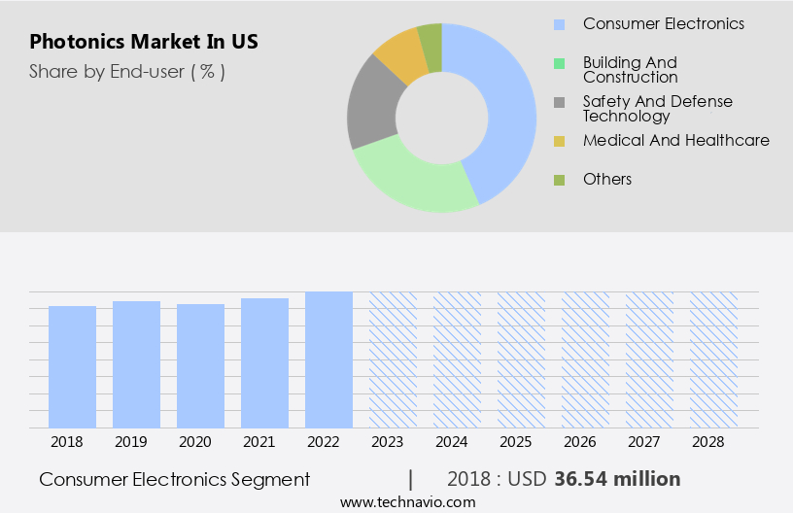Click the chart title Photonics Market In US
[x=144, y=43]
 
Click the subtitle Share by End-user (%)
[x=127, y=71]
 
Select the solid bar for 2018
[x=72, y=366]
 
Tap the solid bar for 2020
[x=200, y=365]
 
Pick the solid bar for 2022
[x=328, y=359]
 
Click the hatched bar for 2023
[x=393, y=359]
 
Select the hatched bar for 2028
[x=713, y=359]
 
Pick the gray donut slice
[x=372, y=107]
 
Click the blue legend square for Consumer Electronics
[x=559, y=24]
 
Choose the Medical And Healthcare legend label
[x=676, y=141]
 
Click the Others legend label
[x=607, y=180]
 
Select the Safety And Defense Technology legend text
[x=658, y=109]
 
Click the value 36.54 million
[x=617, y=479]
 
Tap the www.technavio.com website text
[x=408, y=502]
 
